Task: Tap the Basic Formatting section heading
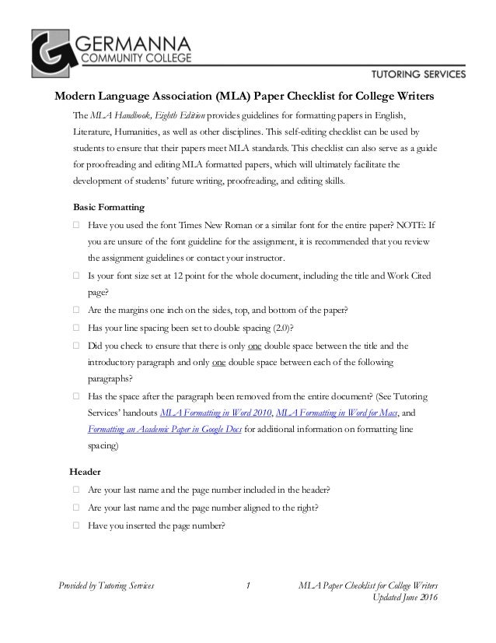pyautogui.click(x=105, y=209)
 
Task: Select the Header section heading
pyautogui.click(x=86, y=472)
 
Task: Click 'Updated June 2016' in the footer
pyautogui.click(x=407, y=598)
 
